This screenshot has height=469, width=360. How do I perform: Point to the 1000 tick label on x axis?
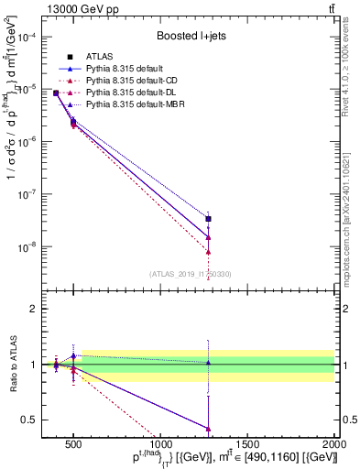(x=159, y=446)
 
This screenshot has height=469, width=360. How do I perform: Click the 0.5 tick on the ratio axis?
(x=39, y=420)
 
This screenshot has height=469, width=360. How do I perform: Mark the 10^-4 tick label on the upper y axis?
(x=35, y=37)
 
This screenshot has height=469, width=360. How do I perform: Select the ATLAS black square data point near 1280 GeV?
(x=208, y=219)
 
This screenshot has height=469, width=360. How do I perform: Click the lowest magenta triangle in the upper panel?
(x=208, y=252)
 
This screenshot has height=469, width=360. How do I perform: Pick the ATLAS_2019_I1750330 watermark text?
(x=191, y=273)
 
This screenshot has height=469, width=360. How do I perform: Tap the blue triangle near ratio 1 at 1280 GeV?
(x=208, y=363)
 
